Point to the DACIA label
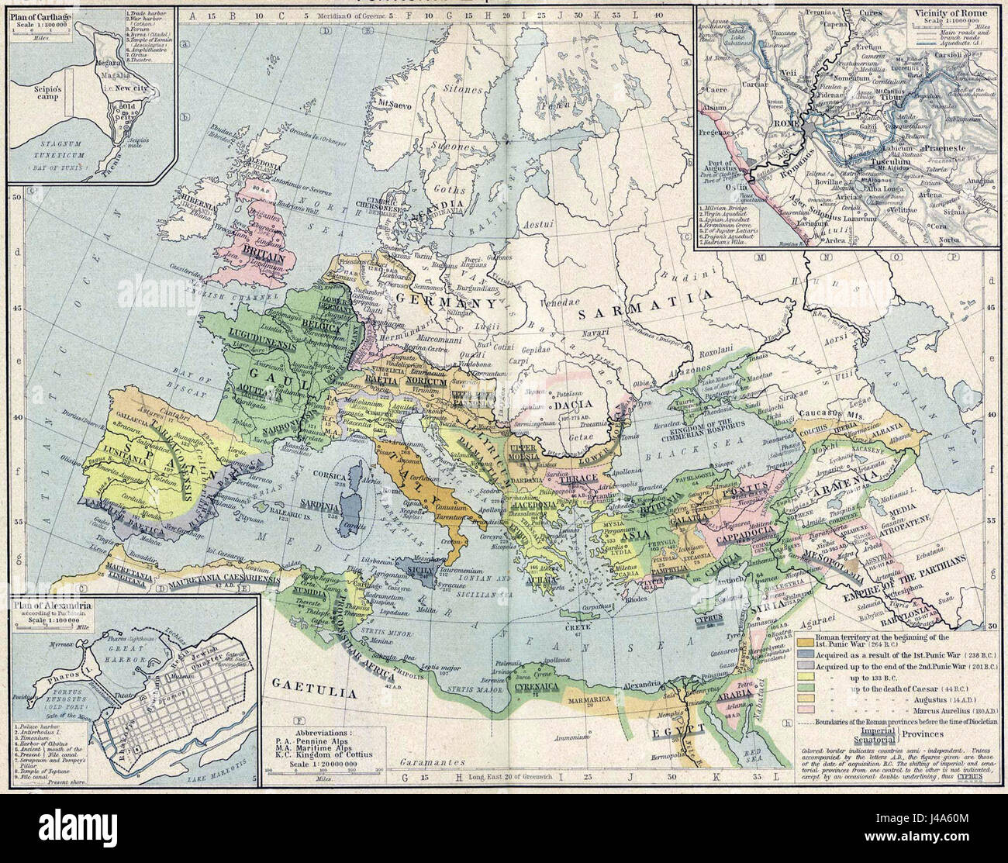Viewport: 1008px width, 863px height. click(571, 403)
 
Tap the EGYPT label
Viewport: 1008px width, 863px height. click(685, 727)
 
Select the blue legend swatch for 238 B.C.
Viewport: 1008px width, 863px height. click(808, 656)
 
